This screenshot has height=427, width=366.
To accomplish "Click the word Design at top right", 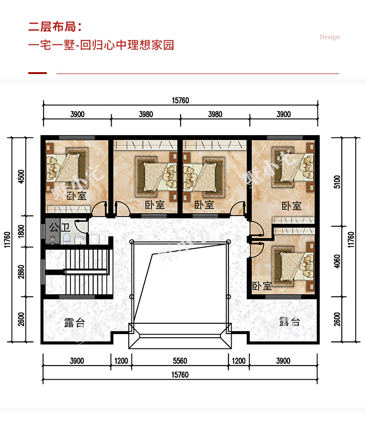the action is coord(330,37).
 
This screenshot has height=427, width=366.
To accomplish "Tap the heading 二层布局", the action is coord(52,27).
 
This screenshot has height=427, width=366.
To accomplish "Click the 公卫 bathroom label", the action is coord(60,227).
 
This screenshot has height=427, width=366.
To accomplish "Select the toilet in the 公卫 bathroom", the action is coord(67,239).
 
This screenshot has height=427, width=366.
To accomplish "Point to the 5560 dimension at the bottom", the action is coord(180,361).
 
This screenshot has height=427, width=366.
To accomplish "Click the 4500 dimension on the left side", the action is coord(21,176).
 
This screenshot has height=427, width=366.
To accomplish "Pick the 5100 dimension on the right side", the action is coord(337,182).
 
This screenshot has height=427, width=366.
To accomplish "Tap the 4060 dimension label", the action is coord(337,261).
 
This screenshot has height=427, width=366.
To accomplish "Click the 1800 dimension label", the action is coord(21,231).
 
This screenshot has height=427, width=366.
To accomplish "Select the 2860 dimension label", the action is coord(21,272).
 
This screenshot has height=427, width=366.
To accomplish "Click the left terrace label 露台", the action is coord(75,323).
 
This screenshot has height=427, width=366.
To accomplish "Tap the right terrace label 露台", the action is coord(290,322).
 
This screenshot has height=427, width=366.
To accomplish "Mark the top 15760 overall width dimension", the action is coord(180,100).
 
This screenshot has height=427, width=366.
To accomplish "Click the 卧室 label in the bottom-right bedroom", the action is coord(262,286).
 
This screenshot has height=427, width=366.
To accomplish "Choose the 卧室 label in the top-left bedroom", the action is coord(76,196).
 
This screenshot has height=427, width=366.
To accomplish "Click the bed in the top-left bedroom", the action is coord(67,168).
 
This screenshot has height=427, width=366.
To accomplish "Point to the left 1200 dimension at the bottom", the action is coord(121,361).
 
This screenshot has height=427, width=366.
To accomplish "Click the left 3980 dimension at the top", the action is coord(146,114).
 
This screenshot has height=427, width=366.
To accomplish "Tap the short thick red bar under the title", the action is coord(38,73).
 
